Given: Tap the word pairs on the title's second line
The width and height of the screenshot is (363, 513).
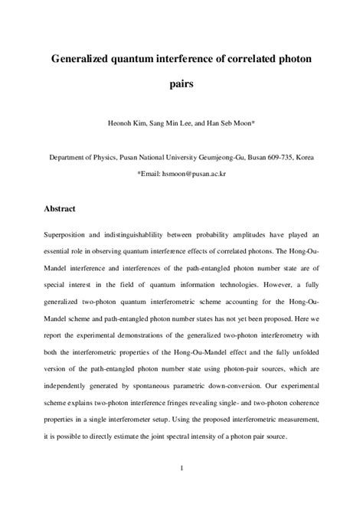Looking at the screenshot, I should coord(181,85).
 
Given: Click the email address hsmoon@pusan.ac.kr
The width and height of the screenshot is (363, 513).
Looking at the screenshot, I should coord(194,173).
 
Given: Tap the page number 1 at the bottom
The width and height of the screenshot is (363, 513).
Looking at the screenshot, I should coord(181,469).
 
